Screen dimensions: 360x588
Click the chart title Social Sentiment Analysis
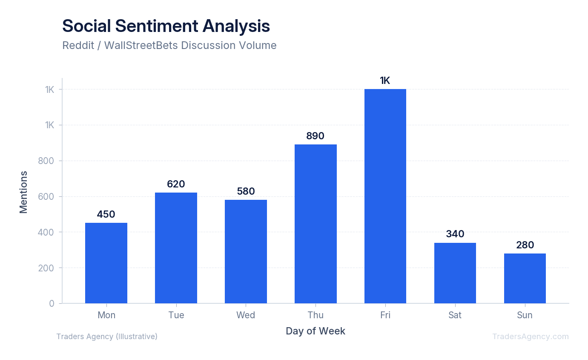coord(166,26)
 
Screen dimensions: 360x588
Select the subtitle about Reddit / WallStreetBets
coord(169,45)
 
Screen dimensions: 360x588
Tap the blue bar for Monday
coord(106,263)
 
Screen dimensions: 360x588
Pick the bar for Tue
coord(176,248)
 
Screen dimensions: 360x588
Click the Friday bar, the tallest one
coord(385,196)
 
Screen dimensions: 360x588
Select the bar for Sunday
coord(525,278)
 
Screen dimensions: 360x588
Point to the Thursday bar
coord(316,224)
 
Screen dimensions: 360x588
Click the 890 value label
coord(316,136)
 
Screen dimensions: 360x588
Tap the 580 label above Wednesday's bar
coord(246,191)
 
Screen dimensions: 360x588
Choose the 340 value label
coord(455,234)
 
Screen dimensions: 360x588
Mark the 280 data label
coord(525,245)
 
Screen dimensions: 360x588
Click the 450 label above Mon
coord(106,214)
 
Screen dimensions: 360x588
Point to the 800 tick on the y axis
coord(47,161)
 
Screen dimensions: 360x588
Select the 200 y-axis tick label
coord(47,268)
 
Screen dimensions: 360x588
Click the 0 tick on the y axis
coord(52,303)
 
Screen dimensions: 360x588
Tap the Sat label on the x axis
coord(455,315)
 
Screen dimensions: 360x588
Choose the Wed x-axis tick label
coord(246,315)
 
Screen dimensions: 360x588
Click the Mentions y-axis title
coord(23,192)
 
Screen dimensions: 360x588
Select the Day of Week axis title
coord(316,331)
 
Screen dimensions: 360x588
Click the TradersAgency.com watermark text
coord(531,337)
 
